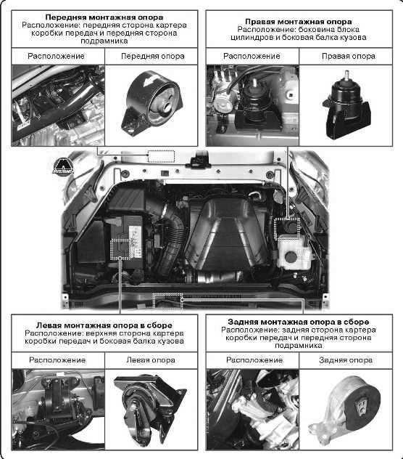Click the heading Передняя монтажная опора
pyautogui.click(x=104, y=17)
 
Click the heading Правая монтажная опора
pyautogui.click(x=299, y=22)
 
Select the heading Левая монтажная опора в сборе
pyautogui.click(x=104, y=325)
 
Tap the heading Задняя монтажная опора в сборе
pyautogui.click(x=299, y=322)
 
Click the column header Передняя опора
pyautogui.click(x=152, y=56)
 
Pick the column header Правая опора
pyautogui.click(x=349, y=56)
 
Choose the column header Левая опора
pyautogui.click(x=151, y=360)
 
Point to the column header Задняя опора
pyautogui.click(x=346, y=360)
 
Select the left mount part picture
pyautogui.click(x=150, y=410)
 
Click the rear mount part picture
pyautogui.click(x=345, y=410)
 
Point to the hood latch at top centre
pyautogui.click(x=201, y=160)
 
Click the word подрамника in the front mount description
pyautogui.click(x=104, y=41)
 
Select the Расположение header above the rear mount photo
pyautogui.click(x=254, y=360)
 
